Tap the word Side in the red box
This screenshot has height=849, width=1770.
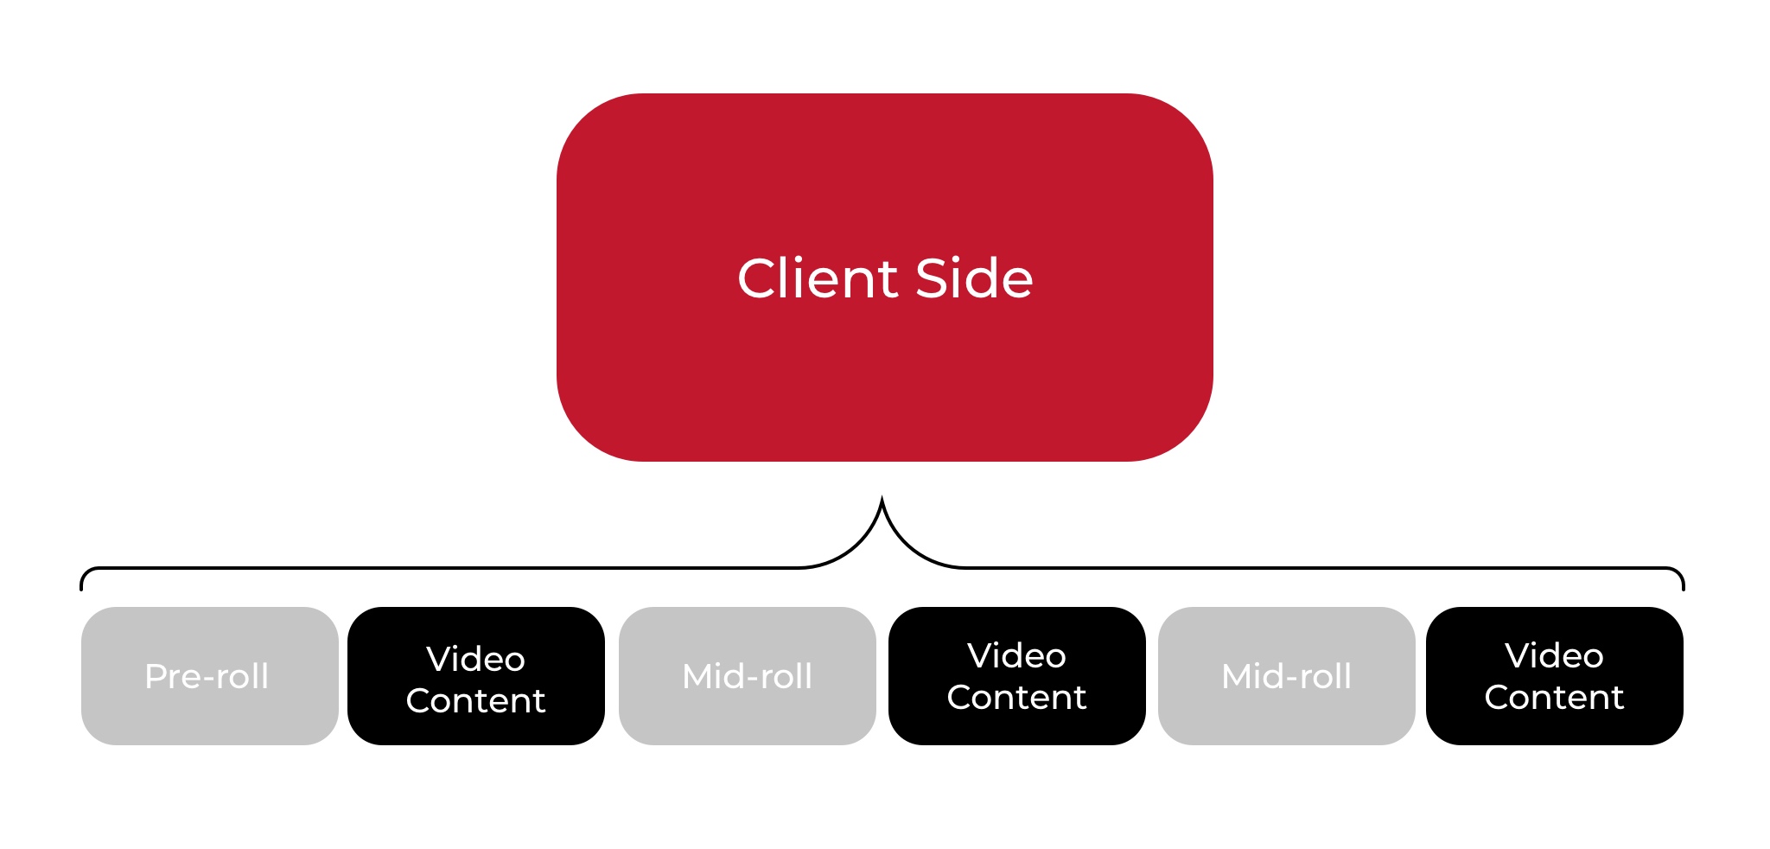coord(974,278)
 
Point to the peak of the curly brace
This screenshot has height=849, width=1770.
coord(882,500)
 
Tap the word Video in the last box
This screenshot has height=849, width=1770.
coord(1554,656)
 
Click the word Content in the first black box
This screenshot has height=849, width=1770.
coord(475,700)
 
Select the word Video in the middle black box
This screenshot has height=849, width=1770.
coord(1016,656)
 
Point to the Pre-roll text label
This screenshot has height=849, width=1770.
coord(207,676)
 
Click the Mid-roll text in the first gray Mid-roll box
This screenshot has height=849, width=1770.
coord(747,676)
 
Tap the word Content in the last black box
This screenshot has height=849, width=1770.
coord(1554,697)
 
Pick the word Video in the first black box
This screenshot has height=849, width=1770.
coord(475,660)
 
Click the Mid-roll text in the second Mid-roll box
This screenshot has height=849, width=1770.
coord(1286,676)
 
